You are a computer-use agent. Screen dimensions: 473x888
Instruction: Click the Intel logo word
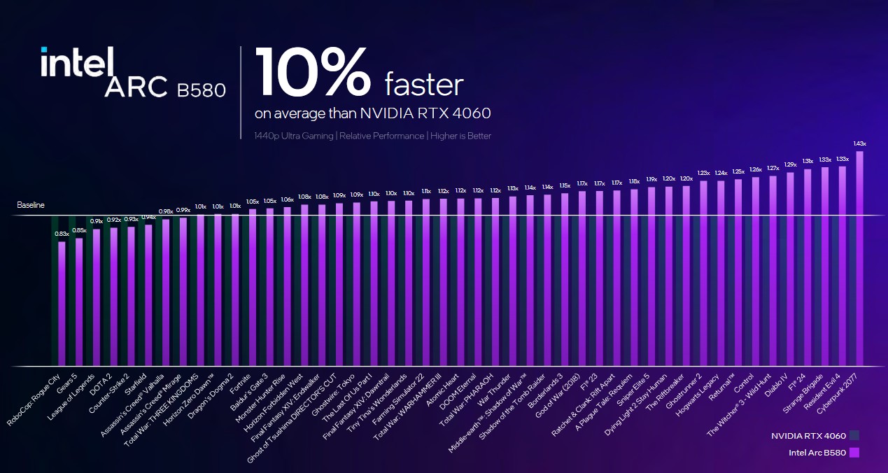pos(77,64)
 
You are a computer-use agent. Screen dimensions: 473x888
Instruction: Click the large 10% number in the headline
pos(312,73)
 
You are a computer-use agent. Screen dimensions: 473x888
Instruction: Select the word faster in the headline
pos(424,85)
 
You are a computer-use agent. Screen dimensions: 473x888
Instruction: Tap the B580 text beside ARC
pos(200,90)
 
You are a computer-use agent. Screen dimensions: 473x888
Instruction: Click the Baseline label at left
pos(31,206)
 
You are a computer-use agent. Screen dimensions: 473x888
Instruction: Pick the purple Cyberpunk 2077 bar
pos(859,259)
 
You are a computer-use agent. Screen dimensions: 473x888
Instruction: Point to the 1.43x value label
pos(859,143)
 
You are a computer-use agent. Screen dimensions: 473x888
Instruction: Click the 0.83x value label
pos(62,234)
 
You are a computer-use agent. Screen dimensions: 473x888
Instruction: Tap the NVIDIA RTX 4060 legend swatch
pos(854,436)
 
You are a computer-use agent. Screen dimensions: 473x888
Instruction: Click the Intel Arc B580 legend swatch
pos(854,453)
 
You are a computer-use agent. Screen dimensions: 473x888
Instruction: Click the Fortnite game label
pos(241,382)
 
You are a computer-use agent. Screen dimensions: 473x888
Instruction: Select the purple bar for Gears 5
pos(79,302)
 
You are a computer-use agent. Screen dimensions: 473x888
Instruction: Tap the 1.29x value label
pos(790,164)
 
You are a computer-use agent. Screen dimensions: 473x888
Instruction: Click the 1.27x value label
pos(773,168)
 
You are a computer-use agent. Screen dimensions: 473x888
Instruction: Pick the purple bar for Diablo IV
pos(790,269)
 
